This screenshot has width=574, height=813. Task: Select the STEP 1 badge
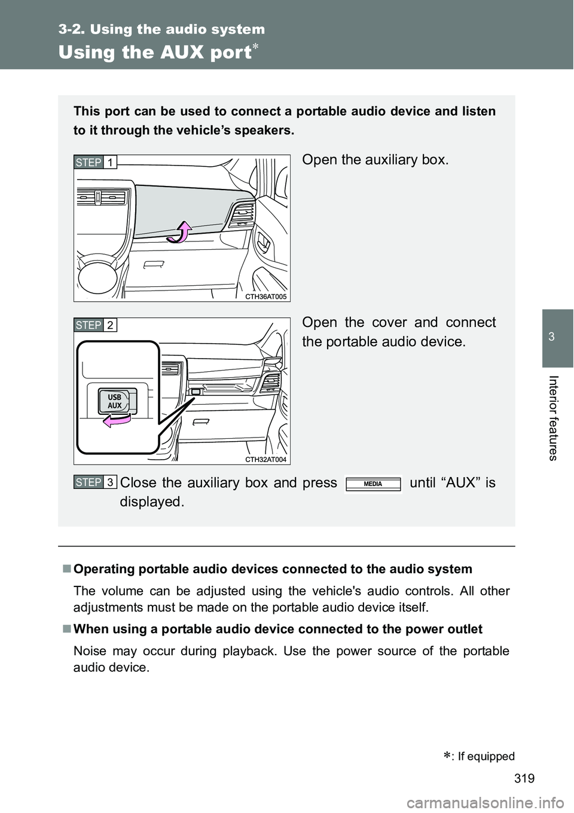[x=96, y=162]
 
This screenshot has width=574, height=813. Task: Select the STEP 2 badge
[x=96, y=325]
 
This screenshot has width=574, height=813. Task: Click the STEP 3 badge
[x=96, y=482]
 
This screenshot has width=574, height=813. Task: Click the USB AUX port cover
[x=115, y=401]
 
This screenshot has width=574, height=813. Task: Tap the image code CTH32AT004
[x=265, y=459]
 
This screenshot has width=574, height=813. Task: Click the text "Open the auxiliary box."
[x=375, y=160]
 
